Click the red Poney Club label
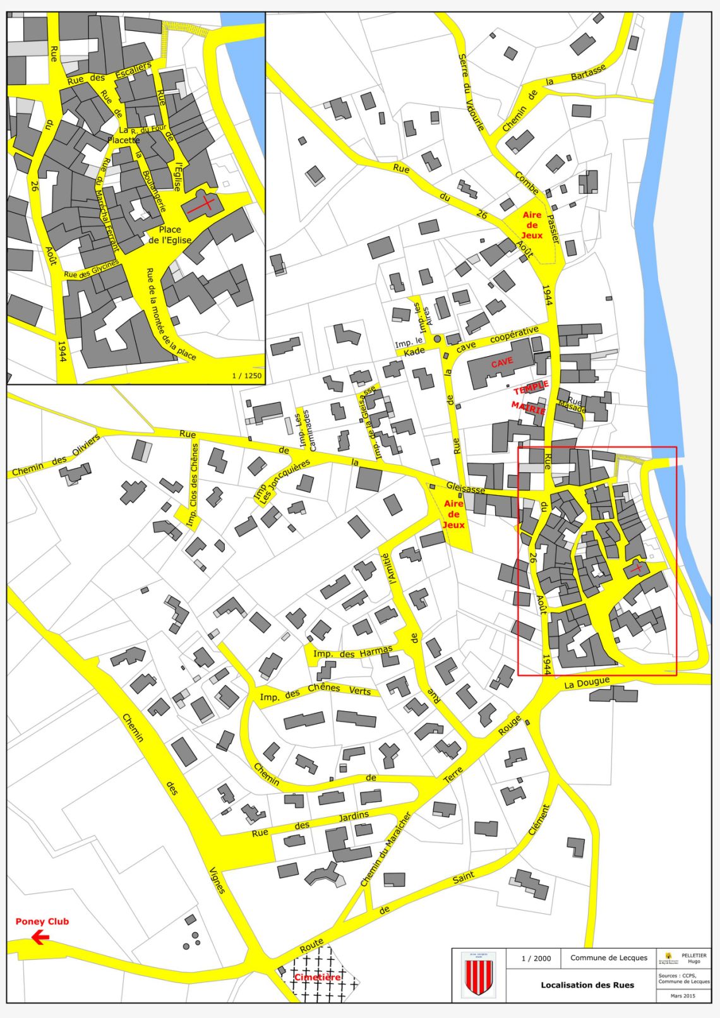(42, 921)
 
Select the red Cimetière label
(317, 977)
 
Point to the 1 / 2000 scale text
(536, 958)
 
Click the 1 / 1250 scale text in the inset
(246, 376)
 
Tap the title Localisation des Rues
(587, 985)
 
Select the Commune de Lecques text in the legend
(609, 957)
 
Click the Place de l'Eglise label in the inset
(170, 235)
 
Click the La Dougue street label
(587, 683)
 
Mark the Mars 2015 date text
(683, 996)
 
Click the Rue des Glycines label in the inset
(92, 270)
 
